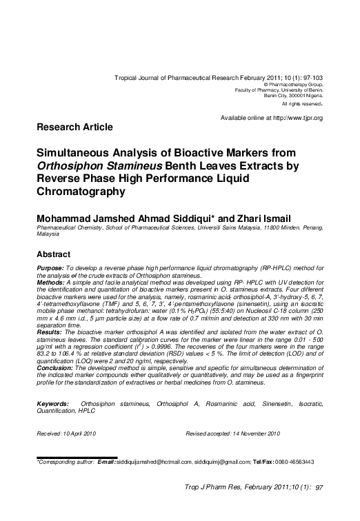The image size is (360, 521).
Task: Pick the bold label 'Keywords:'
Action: click(x=52, y=402)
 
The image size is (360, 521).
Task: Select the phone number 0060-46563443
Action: click(x=294, y=461)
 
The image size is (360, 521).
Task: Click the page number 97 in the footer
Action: click(x=319, y=487)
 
